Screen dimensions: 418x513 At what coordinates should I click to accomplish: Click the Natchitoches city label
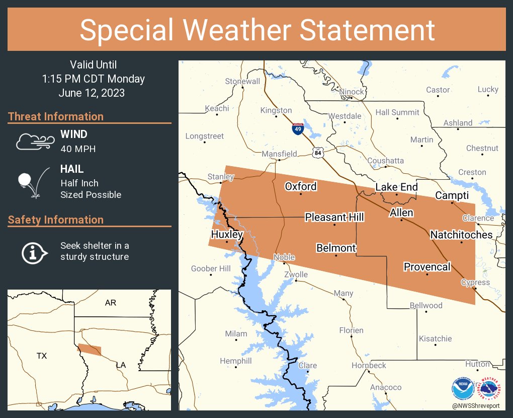coord(461,235)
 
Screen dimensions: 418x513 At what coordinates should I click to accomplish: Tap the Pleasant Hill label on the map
coord(334,217)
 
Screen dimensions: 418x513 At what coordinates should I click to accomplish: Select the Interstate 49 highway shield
coord(298,129)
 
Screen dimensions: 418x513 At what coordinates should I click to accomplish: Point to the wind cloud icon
coord(34,142)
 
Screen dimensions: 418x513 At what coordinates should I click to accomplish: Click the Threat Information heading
coord(56,116)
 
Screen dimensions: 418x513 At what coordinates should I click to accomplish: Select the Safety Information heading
coord(56,220)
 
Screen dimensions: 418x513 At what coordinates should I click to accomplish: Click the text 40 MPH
coord(78,149)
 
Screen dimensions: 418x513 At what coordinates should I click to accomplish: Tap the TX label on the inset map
coord(42,356)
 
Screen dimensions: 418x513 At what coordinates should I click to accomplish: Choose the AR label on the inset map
coord(110,303)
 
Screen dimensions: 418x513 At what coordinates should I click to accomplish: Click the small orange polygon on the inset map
coord(90,350)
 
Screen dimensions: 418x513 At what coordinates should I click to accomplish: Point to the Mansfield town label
coord(279,154)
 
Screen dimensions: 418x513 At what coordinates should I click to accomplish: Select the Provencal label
coord(427,267)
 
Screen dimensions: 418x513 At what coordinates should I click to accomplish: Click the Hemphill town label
coord(236,361)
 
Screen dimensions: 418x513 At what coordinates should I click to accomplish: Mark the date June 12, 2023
coord(92,93)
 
